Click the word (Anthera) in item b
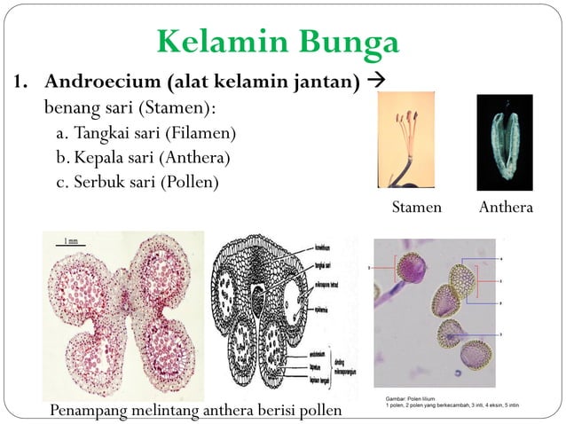193,158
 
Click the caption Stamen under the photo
417,208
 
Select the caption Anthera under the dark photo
505,208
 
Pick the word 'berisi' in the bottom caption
271,411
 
